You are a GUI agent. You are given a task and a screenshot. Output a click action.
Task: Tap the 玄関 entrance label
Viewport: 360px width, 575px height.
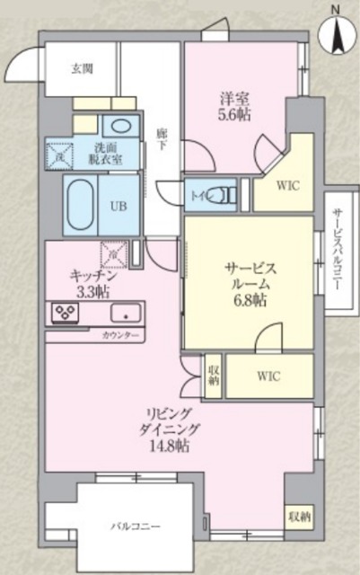click(x=82, y=67)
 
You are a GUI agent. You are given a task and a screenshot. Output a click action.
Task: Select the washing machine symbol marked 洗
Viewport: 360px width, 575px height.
click(x=58, y=154)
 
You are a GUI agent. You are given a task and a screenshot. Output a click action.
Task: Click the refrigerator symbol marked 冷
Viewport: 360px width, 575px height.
click(x=116, y=254)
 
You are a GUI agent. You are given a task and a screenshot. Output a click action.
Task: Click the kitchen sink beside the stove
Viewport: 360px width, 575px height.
click(x=124, y=314)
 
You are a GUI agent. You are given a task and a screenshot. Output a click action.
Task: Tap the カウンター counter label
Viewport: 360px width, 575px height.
click(x=121, y=334)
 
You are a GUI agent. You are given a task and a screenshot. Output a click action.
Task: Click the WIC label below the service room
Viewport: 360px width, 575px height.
click(x=268, y=376)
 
